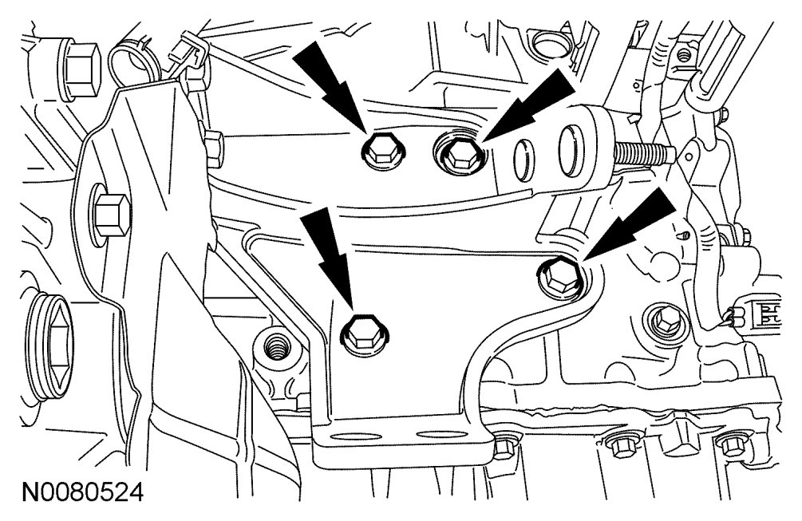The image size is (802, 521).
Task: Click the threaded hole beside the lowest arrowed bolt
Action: [x=272, y=349]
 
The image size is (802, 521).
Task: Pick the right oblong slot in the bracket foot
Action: [x=431, y=436]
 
